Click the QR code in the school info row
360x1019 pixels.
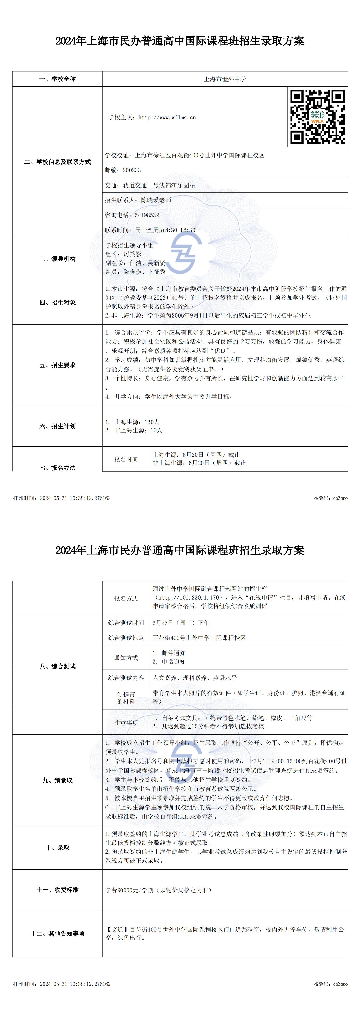[317, 117]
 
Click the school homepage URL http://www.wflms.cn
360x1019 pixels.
[167, 118]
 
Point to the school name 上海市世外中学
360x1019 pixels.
[225, 79]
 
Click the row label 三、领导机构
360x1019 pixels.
[57, 259]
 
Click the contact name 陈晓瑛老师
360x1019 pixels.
[156, 200]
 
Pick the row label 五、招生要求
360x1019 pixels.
[57, 365]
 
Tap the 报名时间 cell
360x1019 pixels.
[126, 459]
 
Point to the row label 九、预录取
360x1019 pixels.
[57, 780]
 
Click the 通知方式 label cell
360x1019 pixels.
[126, 658]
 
